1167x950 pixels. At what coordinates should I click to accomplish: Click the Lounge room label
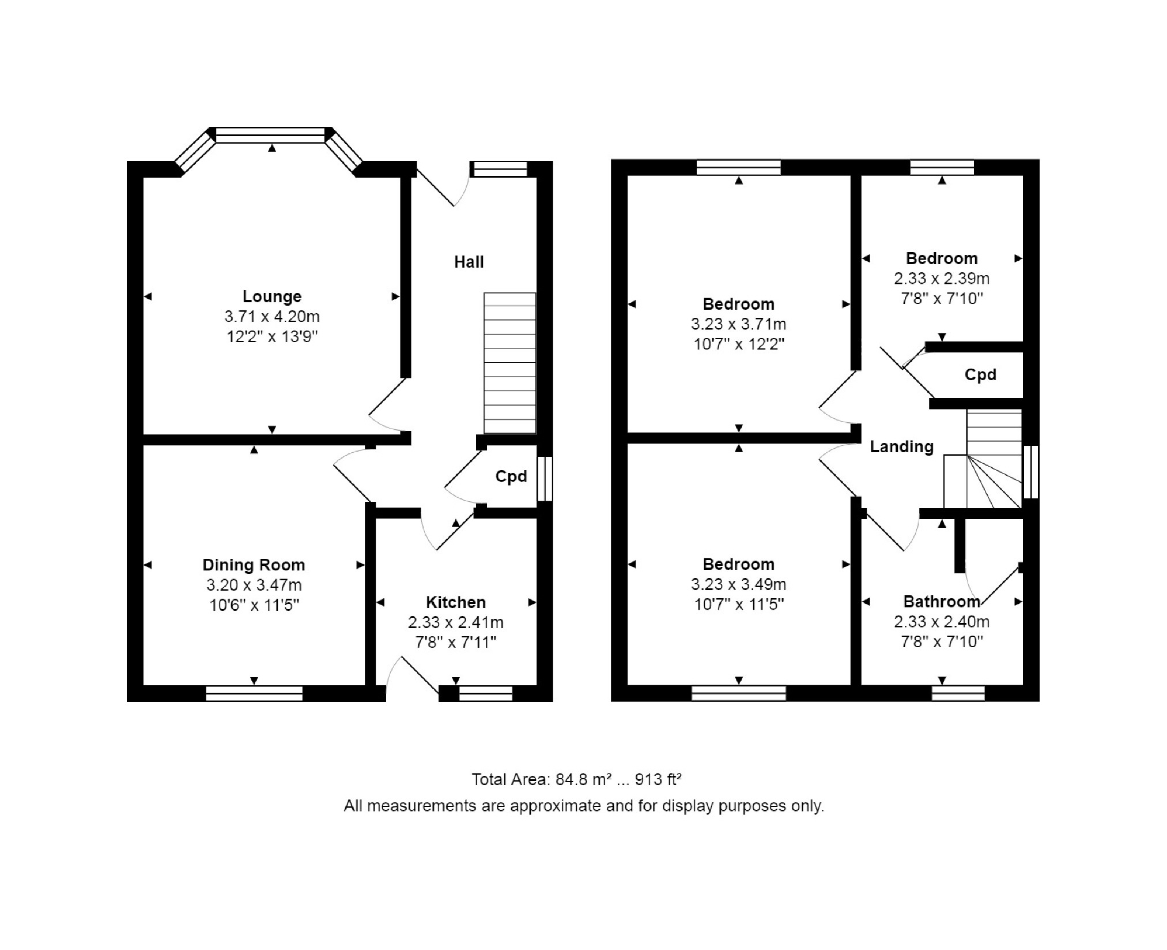tap(272, 296)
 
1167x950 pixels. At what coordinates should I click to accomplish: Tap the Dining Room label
tap(254, 565)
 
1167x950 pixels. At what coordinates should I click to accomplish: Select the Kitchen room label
tap(456, 602)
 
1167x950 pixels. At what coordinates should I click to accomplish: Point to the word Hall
tap(469, 262)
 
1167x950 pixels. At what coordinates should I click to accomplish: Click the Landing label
tap(902, 447)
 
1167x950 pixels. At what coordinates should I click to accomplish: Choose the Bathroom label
tap(942, 602)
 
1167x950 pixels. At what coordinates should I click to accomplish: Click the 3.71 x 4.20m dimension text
tap(272, 317)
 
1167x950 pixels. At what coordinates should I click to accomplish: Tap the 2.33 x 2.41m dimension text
tap(456, 622)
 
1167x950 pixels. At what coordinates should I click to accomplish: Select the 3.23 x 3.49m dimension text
tap(739, 584)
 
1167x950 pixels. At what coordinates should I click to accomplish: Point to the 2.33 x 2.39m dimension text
tap(942, 279)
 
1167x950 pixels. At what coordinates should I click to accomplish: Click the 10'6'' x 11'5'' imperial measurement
tap(254, 605)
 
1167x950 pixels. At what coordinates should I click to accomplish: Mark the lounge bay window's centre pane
tap(270, 135)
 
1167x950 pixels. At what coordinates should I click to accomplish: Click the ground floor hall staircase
tap(510, 363)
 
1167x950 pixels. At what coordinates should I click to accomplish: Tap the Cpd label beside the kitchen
tap(511, 476)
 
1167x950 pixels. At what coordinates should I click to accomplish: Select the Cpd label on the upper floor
tap(980, 375)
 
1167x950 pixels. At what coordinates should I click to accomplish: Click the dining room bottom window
tap(254, 693)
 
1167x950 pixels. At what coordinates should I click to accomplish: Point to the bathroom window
tap(958, 693)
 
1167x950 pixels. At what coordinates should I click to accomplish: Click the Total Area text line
tap(577, 780)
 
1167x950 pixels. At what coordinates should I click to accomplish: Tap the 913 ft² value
tap(659, 780)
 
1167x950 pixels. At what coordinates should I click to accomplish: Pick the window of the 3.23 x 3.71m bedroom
tap(739, 167)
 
